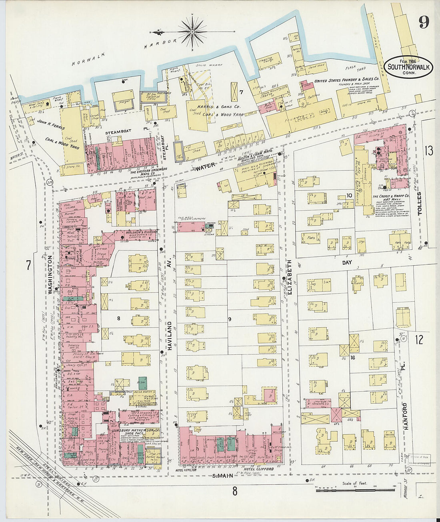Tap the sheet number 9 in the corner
click(x=424, y=22)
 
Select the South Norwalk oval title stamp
click(x=408, y=67)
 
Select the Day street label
click(x=346, y=262)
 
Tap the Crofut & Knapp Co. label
click(x=391, y=196)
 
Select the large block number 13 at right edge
click(x=429, y=151)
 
